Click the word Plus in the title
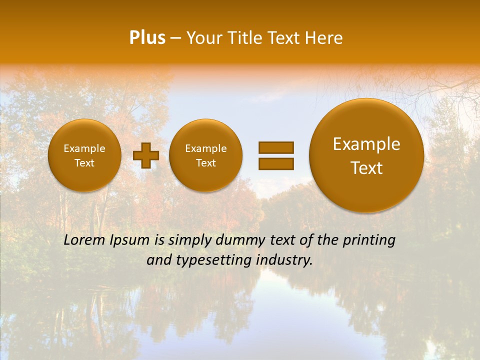[x=147, y=38]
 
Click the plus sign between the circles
[x=146, y=155]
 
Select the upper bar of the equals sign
[x=275, y=147]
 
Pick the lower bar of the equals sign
[x=275, y=163]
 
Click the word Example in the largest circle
[x=366, y=144]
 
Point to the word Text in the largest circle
[x=366, y=168]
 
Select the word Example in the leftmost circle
[x=84, y=148]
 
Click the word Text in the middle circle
[x=205, y=163]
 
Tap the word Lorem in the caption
[x=84, y=240]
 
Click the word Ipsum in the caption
[x=129, y=240]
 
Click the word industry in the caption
[x=287, y=260]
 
